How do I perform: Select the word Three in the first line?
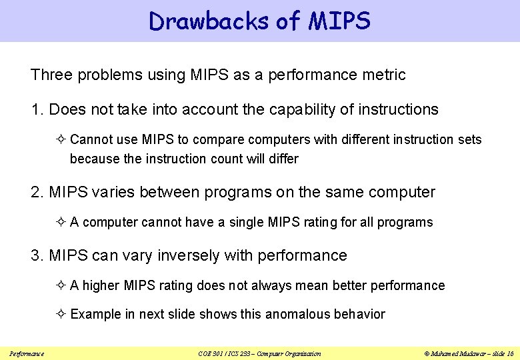coord(51,75)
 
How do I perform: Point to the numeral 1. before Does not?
coord(37,109)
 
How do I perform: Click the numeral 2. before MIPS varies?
coord(37,193)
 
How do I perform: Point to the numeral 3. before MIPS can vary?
coord(37,255)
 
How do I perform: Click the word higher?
coord(101,285)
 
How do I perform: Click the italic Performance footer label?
coord(27,353)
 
